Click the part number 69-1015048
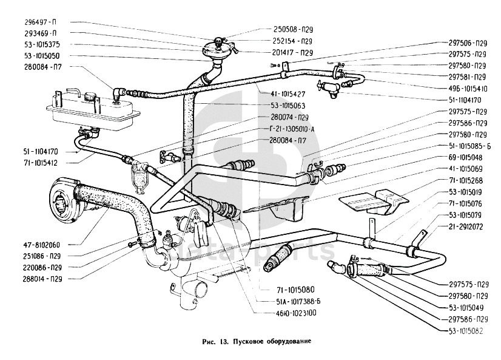[x=468, y=157]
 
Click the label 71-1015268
[x=468, y=180]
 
